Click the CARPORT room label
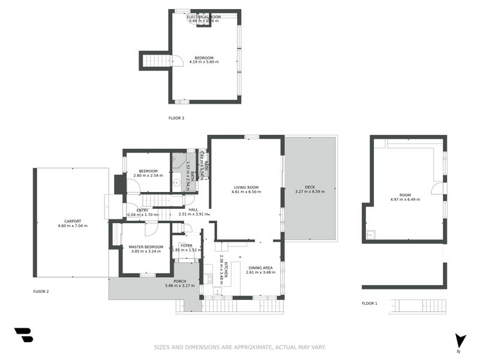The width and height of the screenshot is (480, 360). coord(72,221)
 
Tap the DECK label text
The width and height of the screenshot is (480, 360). coord(310,187)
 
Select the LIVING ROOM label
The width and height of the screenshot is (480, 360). coord(246,187)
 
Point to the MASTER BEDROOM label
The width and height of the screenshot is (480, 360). coord(146,247)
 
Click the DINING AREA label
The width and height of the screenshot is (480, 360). coord(260,268)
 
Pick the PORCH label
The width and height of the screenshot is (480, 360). coord(180,281)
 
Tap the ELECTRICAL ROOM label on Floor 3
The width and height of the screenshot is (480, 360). coord(203,17)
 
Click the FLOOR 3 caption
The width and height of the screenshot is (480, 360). coord(176,118)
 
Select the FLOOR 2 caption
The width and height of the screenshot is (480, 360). coord(41,292)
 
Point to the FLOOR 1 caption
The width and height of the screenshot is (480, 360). coord(370,304)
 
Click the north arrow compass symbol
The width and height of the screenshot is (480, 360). coord(460,341)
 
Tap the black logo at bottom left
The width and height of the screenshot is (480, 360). coord(23,335)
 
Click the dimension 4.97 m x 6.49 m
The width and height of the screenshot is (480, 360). coord(405,199)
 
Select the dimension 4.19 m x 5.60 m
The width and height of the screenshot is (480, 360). coord(203,62)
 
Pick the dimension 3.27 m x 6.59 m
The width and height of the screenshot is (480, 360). coord(310,192)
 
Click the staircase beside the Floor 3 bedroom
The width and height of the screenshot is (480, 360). coord(157,60)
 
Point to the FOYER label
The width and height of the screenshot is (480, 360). coord(187,245)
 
